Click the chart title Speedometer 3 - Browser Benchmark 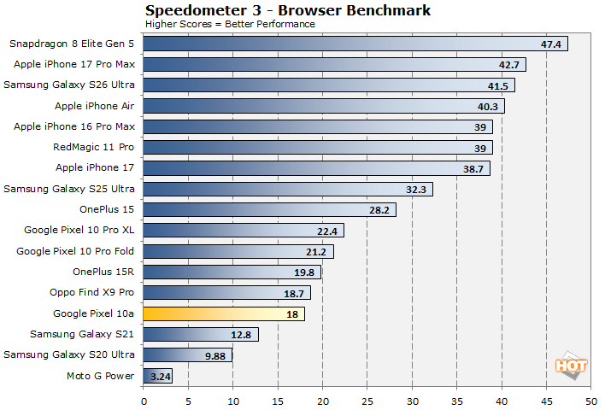[287, 10]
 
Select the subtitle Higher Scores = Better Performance [230, 24]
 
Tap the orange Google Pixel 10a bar [224, 313]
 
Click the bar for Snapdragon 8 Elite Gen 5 [355, 44]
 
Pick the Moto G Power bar [157, 376]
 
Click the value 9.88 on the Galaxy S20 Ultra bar [216, 355]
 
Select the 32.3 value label [418, 189]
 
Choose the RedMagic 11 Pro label [94, 147]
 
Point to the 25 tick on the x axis [367, 401]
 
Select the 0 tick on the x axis [144, 401]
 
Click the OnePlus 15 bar [269, 210]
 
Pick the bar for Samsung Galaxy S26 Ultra [329, 85]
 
